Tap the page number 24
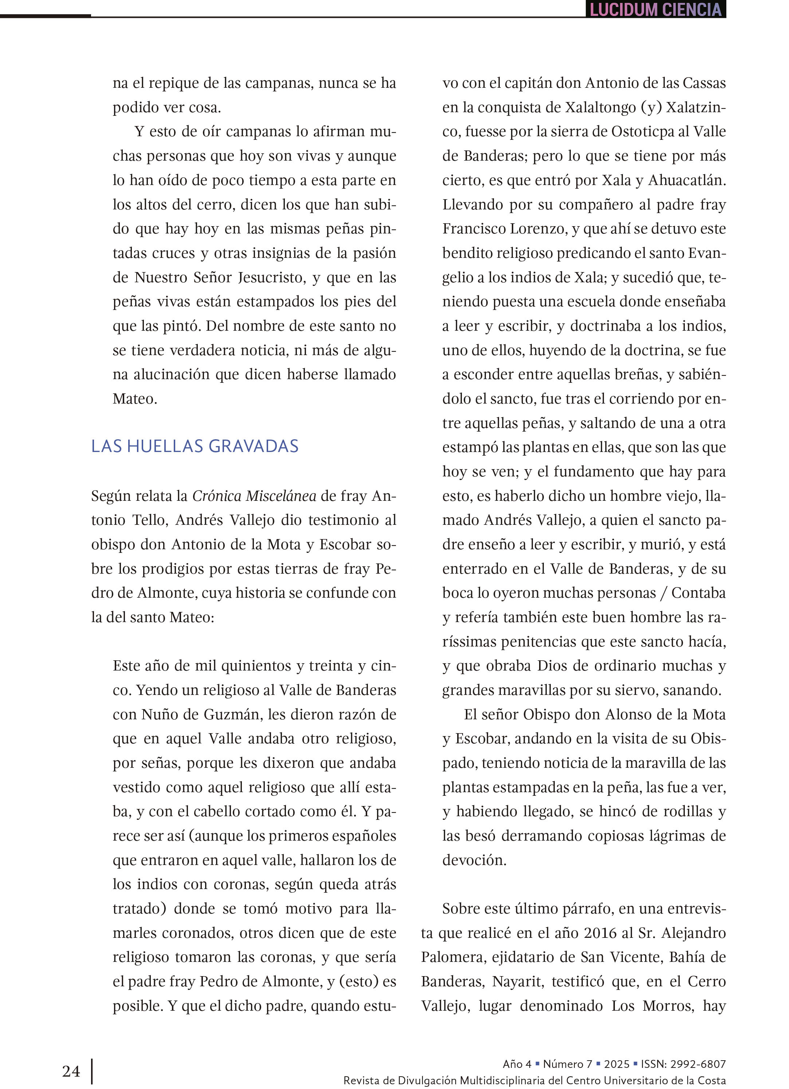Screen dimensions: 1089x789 71,1070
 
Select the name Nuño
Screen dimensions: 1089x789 158,714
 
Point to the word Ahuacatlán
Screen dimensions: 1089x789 687,180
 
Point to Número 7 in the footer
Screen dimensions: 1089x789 568,1064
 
